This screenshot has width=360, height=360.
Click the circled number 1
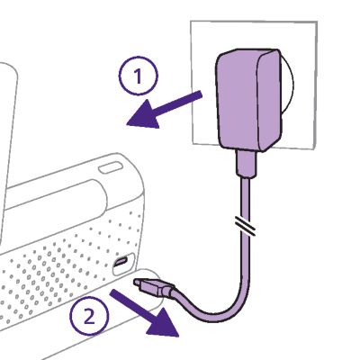(x=138, y=76)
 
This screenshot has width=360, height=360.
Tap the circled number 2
(x=89, y=317)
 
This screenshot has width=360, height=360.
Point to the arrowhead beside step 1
(x=143, y=114)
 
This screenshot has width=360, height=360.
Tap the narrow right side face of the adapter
(x=270, y=99)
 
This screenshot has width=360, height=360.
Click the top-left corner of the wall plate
(x=191, y=21)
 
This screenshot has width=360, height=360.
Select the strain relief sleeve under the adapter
(x=247, y=164)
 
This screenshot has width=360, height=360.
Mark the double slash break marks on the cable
(x=245, y=226)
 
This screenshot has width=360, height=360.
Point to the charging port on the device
(x=121, y=262)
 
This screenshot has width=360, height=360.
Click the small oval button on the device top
(x=111, y=167)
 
